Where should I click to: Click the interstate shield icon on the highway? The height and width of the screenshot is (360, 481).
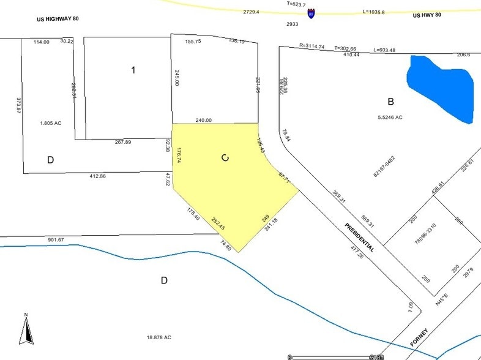pos(311,12)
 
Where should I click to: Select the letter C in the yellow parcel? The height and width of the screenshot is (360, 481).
pos(225,158)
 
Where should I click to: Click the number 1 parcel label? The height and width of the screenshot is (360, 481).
pos(133,70)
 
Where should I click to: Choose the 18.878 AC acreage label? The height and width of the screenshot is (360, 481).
pos(157,337)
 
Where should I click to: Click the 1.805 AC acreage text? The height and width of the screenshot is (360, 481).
pos(51,122)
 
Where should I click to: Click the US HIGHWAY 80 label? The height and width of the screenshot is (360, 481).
pos(57,20)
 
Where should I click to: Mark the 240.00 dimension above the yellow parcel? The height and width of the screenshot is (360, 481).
pos(203,120)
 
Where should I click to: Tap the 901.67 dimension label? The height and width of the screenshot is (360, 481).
pos(56,239)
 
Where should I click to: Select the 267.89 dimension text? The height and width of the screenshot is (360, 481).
pos(124,142)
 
